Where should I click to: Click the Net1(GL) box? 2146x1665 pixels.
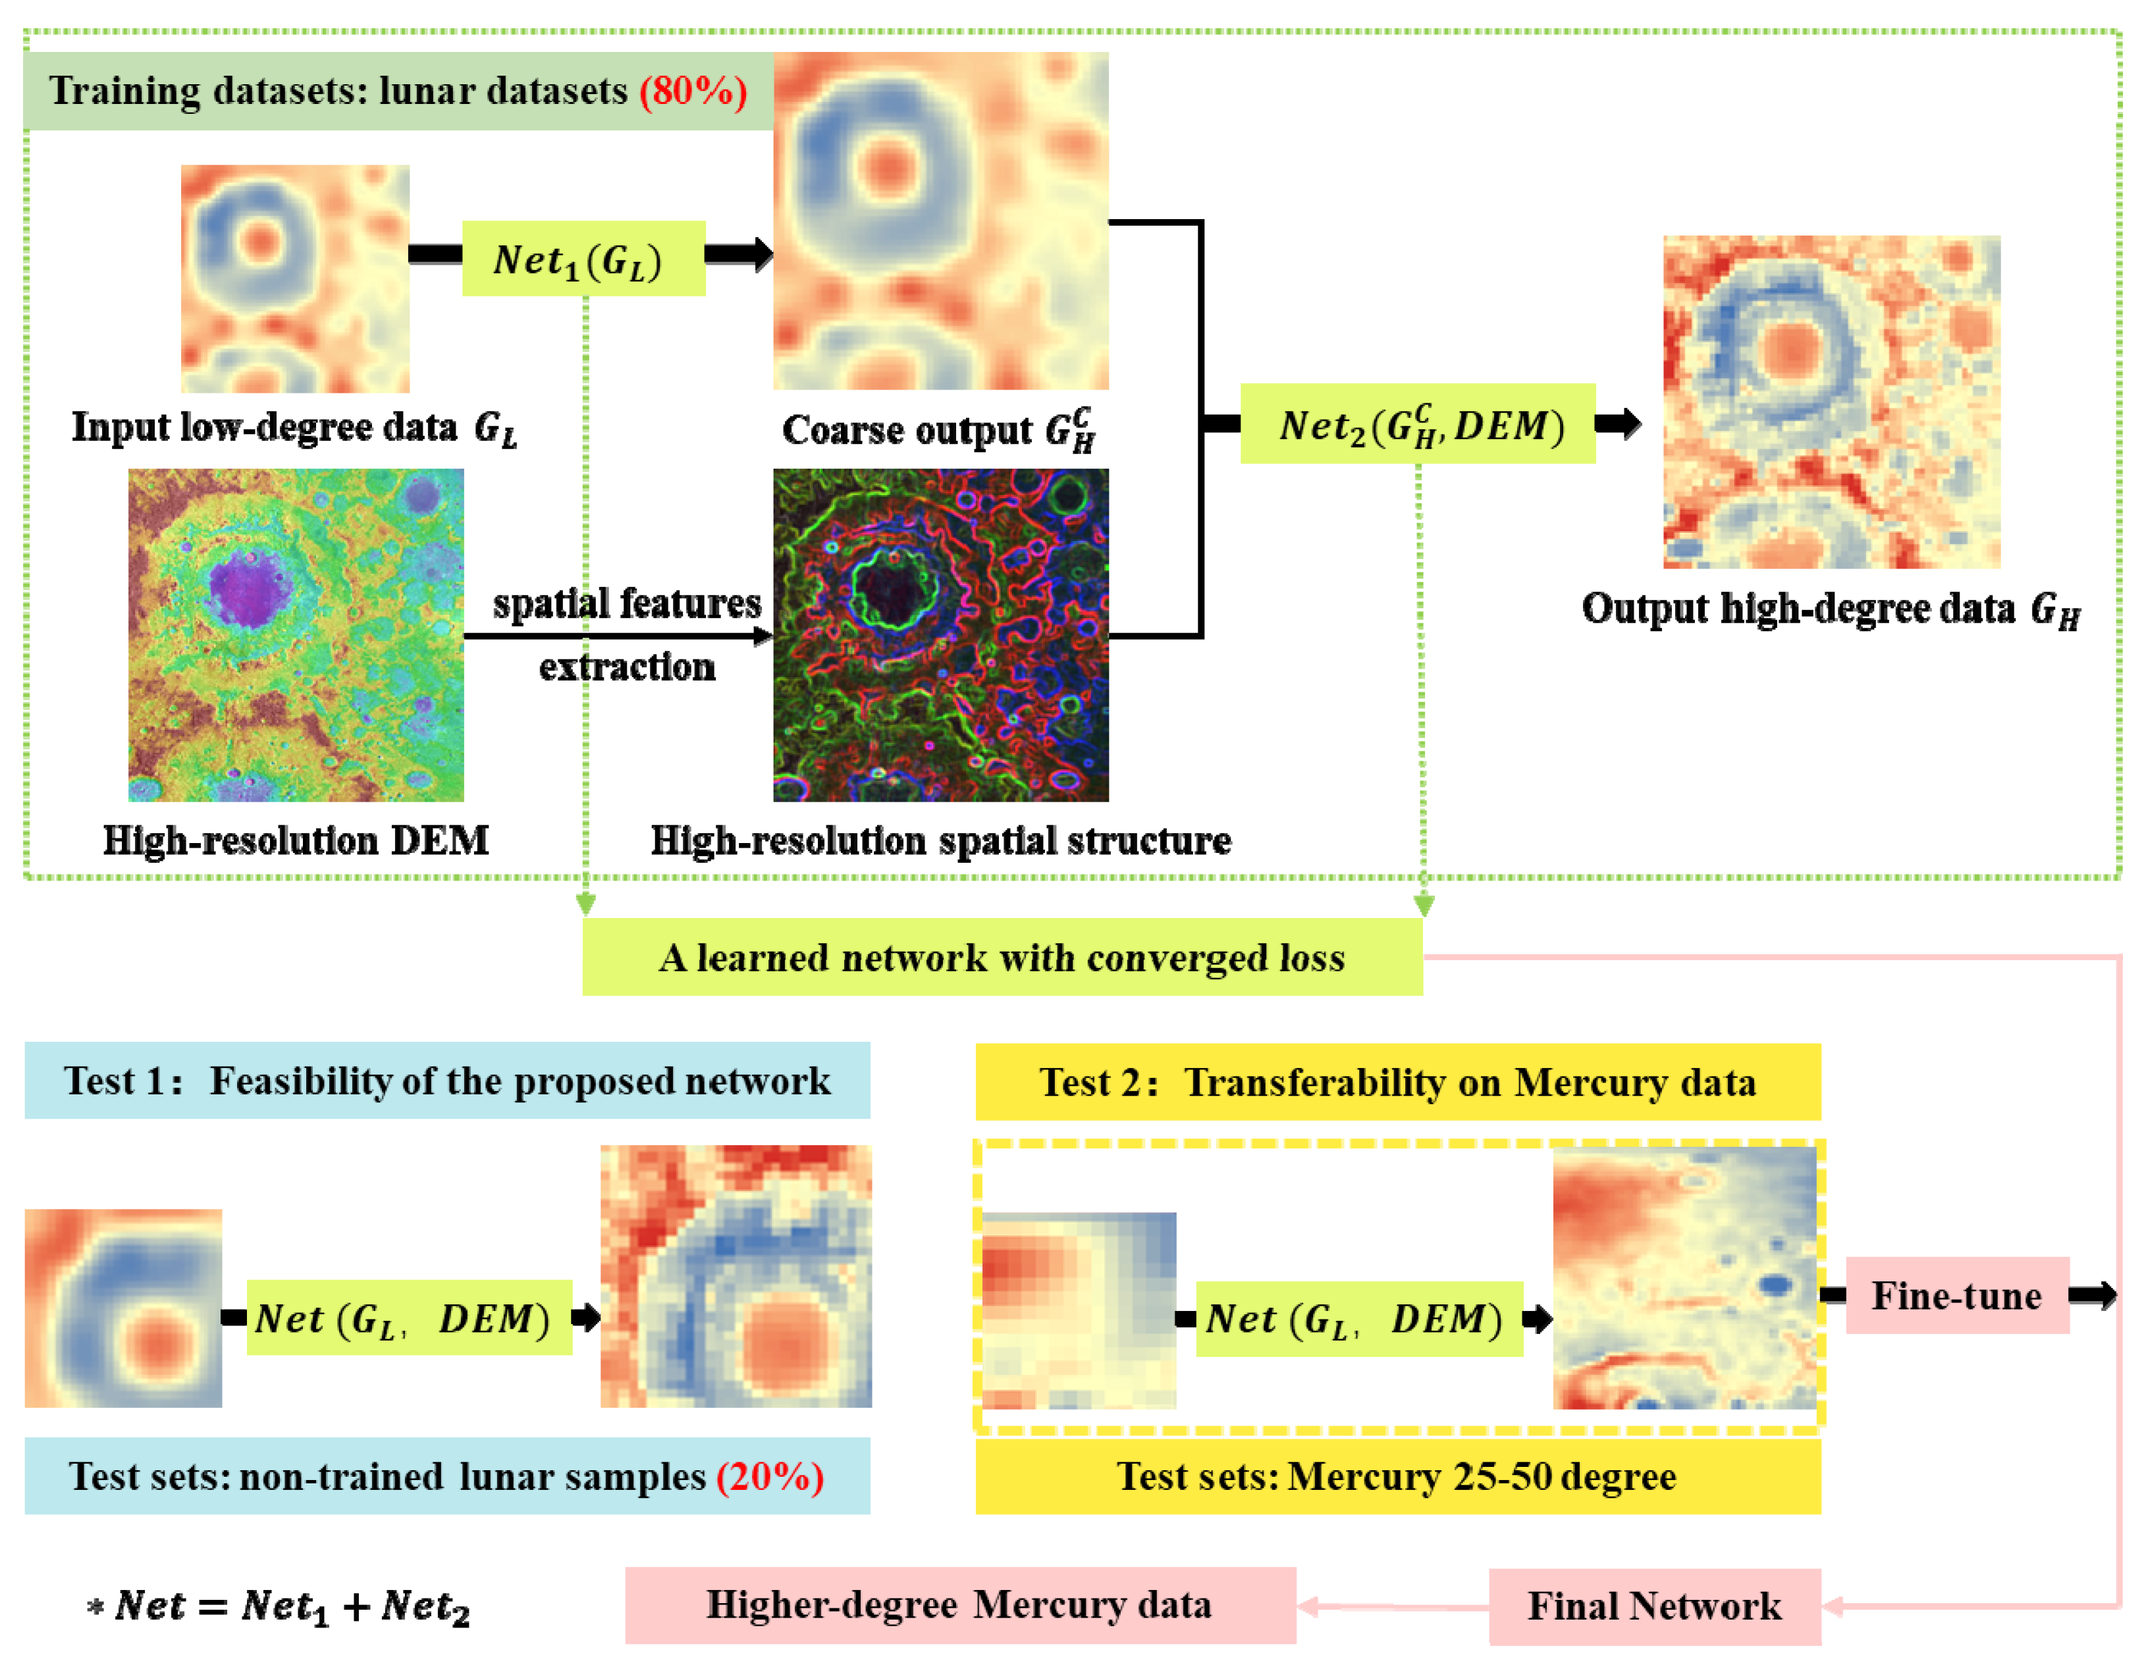583,259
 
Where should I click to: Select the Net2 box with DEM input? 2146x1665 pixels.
1417,424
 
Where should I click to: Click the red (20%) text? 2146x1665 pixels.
769,1476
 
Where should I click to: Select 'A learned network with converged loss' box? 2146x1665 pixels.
1002,957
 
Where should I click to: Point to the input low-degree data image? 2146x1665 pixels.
295,279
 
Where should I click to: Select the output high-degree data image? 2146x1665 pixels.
1831,401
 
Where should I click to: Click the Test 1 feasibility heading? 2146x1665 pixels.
447,1081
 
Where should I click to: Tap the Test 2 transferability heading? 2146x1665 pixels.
1397,1081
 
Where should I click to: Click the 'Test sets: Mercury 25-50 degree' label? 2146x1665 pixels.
1397,1476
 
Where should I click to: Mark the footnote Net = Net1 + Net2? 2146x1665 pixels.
279,1607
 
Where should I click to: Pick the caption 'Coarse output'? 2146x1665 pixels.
938,430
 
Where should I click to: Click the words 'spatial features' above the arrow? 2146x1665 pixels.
627,603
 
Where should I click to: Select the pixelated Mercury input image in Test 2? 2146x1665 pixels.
1079,1310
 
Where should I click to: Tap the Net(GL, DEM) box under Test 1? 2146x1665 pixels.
409,1318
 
